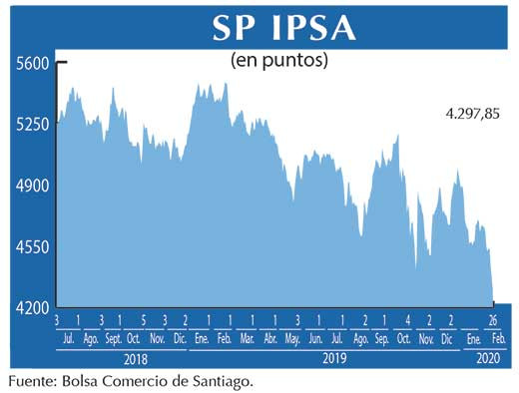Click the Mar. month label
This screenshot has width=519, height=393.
point(247,339)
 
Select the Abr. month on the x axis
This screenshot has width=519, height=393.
point(270,339)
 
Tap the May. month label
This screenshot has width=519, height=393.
point(293,339)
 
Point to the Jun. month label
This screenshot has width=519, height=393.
point(317,339)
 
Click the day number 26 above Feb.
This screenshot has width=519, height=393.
point(493,321)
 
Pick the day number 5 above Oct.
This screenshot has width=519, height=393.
point(144,321)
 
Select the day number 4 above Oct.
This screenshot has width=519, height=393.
point(408,321)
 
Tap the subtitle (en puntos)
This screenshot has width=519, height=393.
point(279,60)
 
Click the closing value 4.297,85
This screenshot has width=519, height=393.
point(472,114)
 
